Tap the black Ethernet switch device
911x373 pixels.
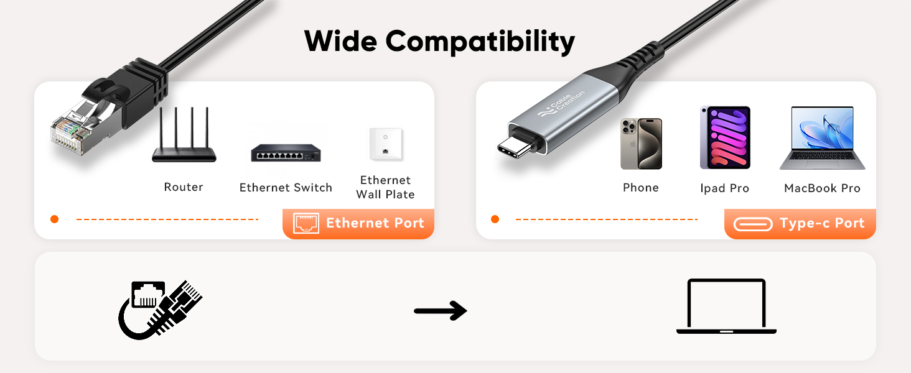(x=286, y=153)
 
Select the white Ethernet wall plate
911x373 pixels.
(x=386, y=144)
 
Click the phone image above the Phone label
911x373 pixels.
(x=642, y=144)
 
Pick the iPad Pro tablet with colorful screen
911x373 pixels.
(x=725, y=138)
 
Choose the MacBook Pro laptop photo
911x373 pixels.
(x=823, y=138)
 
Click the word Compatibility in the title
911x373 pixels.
(x=480, y=42)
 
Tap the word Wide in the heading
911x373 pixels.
(x=340, y=41)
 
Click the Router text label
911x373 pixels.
(x=184, y=187)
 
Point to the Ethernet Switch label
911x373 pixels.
(x=286, y=187)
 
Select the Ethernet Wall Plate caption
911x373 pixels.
(x=386, y=187)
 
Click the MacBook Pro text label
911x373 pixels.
(x=823, y=188)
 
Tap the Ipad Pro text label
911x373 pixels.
(x=725, y=188)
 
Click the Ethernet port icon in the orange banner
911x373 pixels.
(x=306, y=223)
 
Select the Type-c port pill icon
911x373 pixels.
(x=753, y=224)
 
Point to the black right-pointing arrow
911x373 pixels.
(x=441, y=311)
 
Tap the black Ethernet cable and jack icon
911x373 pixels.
(x=161, y=310)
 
